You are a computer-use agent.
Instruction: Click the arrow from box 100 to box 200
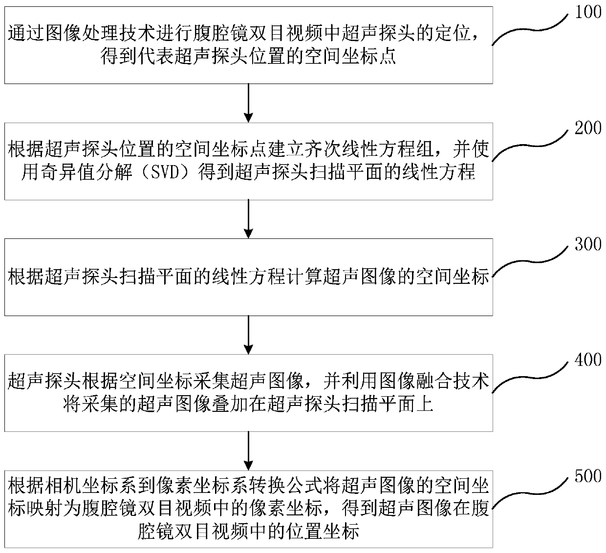coord(249,103)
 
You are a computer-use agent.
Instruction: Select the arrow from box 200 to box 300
coord(249,219)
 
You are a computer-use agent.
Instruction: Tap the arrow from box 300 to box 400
coord(249,335)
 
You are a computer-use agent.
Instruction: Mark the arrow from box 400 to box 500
coord(249,450)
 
